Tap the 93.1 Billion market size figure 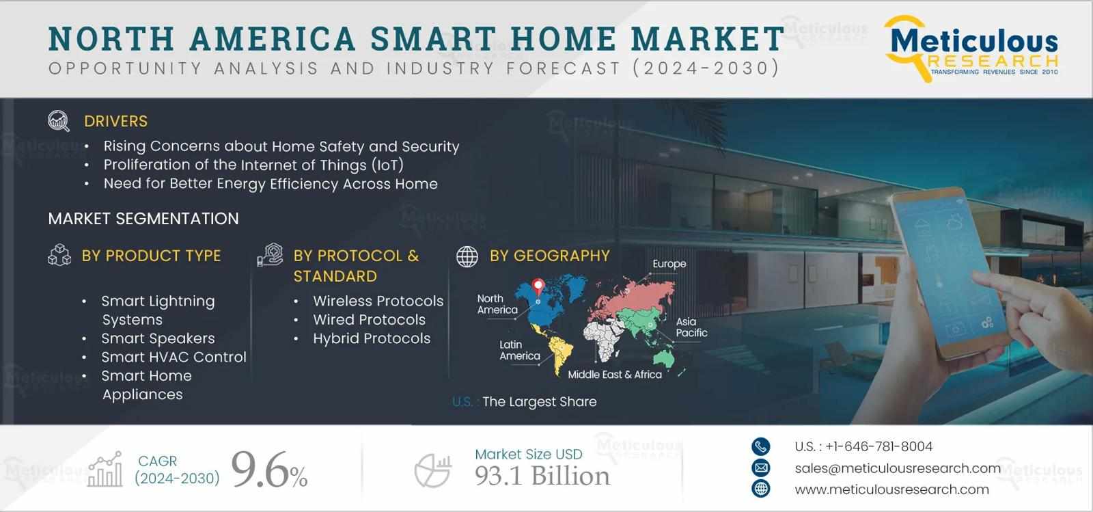tap(542, 476)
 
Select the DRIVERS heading tap(115, 122)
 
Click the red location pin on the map tap(538, 287)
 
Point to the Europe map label tap(669, 264)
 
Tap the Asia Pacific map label tap(691, 327)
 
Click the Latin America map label tap(519, 350)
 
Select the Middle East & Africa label tap(615, 375)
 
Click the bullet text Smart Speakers tap(158, 338)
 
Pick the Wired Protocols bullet tap(369, 320)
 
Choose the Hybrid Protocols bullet tap(372, 338)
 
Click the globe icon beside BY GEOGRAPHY tap(467, 256)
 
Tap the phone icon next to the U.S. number tap(760, 446)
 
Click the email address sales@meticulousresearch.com tap(898, 468)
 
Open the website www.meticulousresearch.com tap(891, 489)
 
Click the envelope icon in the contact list tap(760, 468)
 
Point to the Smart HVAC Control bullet tap(174, 357)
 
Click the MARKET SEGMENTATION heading tap(143, 219)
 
